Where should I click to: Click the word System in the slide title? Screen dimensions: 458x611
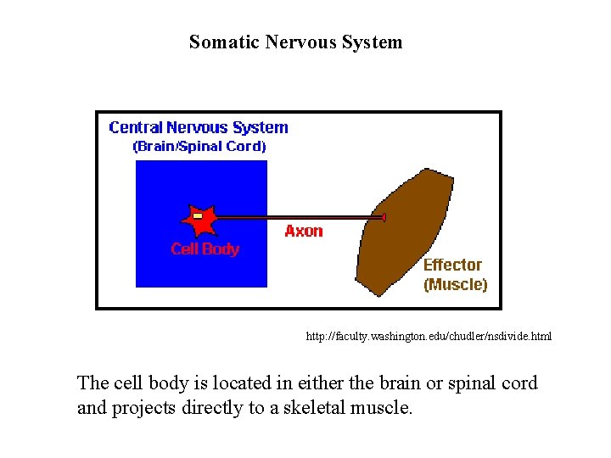click(x=372, y=42)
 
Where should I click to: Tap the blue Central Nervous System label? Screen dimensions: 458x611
click(x=199, y=128)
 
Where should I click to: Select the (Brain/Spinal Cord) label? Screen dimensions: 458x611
click(x=199, y=147)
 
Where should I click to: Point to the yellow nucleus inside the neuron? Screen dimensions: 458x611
click(x=198, y=217)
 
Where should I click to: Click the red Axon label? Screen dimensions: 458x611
click(x=304, y=232)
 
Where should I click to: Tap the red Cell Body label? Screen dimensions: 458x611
click(x=205, y=249)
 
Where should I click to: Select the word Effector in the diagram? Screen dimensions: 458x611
click(x=452, y=265)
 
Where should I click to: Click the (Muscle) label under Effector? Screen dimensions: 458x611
click(x=456, y=285)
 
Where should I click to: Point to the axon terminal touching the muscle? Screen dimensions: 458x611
click(x=384, y=218)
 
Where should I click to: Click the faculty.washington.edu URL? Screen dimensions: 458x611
click(x=429, y=337)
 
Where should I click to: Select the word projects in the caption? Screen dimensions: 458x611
click(x=144, y=408)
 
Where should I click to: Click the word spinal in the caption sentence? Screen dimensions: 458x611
click(x=465, y=383)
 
